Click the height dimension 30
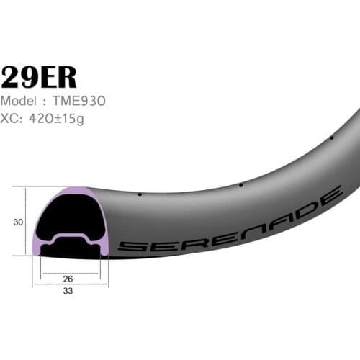pos(17,222)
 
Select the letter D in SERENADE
pos(305,204)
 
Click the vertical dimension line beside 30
pos(27,222)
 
